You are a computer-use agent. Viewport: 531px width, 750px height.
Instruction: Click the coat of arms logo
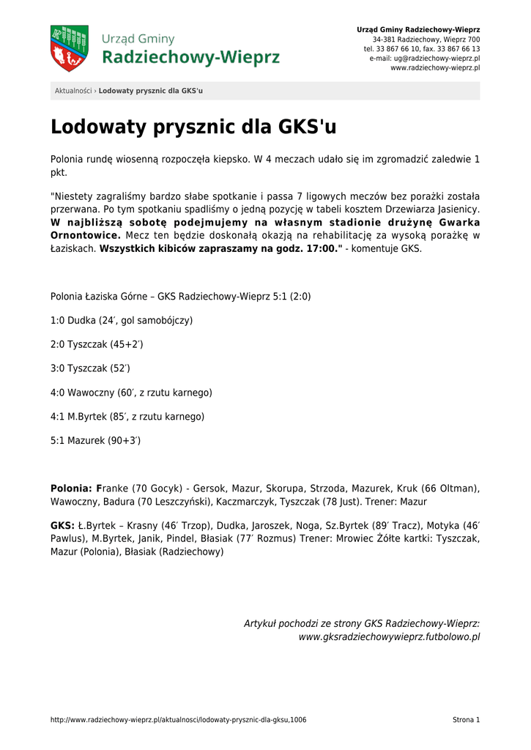coord(69,48)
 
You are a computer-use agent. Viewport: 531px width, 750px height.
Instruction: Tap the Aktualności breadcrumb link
coord(73,91)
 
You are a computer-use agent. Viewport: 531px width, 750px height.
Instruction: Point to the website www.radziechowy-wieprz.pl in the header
coord(435,67)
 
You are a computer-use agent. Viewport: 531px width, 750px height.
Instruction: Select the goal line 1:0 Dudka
coord(122,321)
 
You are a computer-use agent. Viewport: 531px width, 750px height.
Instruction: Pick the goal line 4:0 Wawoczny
coord(131,393)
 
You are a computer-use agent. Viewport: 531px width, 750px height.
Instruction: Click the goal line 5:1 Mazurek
coord(95,441)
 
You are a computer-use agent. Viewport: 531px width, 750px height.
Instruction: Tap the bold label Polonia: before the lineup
coord(71,488)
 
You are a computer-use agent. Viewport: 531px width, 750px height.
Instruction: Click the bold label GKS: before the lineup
coord(62,526)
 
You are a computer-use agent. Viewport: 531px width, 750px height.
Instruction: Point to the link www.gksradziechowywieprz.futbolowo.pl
coord(389,637)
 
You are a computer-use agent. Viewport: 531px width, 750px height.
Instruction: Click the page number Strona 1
coord(466,720)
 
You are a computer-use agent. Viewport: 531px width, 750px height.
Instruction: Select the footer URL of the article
coord(178,720)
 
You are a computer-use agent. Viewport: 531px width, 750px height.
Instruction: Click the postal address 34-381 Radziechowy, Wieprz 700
coord(426,39)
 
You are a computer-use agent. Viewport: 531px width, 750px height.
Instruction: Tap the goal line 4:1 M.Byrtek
coord(127,417)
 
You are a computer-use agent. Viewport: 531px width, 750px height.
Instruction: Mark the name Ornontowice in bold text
coord(85,236)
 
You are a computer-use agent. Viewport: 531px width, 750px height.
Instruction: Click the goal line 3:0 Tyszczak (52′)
coord(95,368)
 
